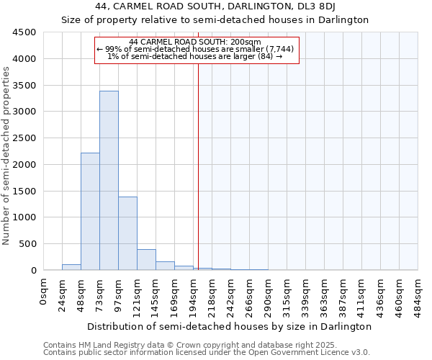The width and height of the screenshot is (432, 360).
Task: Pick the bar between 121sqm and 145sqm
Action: [x=146, y=260]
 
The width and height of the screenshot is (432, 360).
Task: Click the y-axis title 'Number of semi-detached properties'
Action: [x=7, y=156]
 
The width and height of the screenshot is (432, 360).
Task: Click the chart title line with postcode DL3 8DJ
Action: [x=215, y=6]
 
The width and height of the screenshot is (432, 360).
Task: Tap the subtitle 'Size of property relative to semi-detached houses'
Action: [x=215, y=19]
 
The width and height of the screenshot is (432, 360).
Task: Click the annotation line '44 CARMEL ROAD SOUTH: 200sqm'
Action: [x=195, y=42]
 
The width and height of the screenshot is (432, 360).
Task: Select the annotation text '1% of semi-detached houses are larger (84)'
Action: [x=195, y=55]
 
